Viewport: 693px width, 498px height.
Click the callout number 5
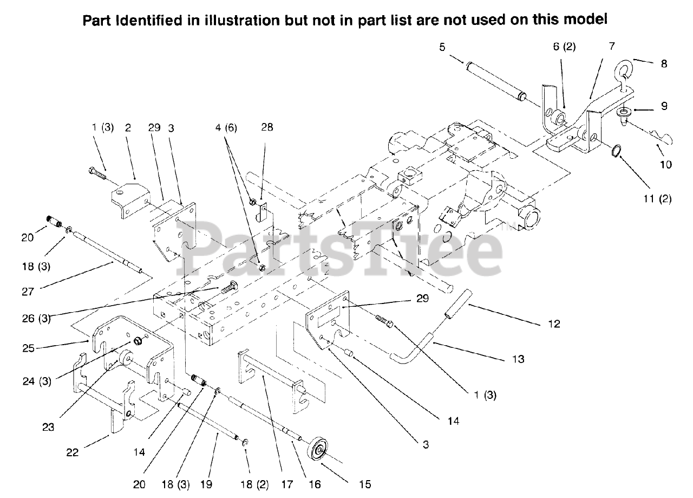click(442, 47)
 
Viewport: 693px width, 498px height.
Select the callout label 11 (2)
click(658, 199)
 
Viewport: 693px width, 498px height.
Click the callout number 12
click(553, 324)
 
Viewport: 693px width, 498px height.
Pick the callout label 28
click(267, 128)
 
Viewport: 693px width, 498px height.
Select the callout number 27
click(28, 291)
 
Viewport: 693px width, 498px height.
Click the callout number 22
click(72, 452)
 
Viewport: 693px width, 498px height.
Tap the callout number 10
click(665, 164)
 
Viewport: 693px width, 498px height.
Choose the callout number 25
click(28, 348)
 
